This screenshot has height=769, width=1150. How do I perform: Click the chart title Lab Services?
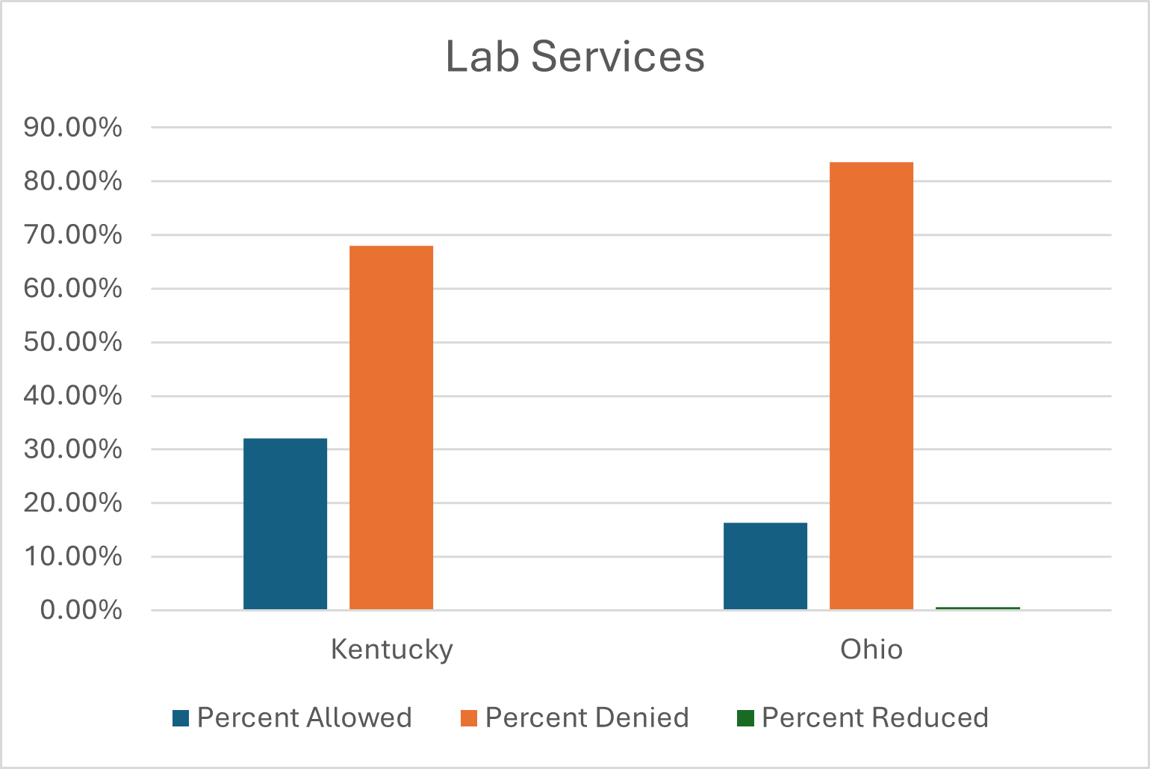coord(575,57)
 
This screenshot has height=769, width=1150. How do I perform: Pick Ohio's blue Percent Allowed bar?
coord(765,566)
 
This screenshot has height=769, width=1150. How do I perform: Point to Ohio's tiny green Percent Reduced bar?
coord(977,608)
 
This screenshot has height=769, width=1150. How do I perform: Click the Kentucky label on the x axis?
coord(391,649)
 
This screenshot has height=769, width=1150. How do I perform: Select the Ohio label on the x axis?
coord(871,649)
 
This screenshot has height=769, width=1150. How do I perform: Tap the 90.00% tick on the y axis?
coord(72,128)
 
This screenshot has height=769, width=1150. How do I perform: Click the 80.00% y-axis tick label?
coord(72,181)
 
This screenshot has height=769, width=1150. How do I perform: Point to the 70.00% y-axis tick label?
coord(72,235)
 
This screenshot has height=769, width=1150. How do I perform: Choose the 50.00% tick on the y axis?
coord(72,343)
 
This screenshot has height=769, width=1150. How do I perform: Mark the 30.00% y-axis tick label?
coord(72,449)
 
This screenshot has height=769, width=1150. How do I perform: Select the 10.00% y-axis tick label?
coord(72,557)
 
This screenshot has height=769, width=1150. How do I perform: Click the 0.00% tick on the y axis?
coord(81,611)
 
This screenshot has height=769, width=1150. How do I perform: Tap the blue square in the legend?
coord(181,718)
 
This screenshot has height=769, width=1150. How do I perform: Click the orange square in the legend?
coord(469,718)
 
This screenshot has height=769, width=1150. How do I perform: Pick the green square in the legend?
coord(745,718)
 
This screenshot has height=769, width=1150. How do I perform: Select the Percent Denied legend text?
coord(587,718)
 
